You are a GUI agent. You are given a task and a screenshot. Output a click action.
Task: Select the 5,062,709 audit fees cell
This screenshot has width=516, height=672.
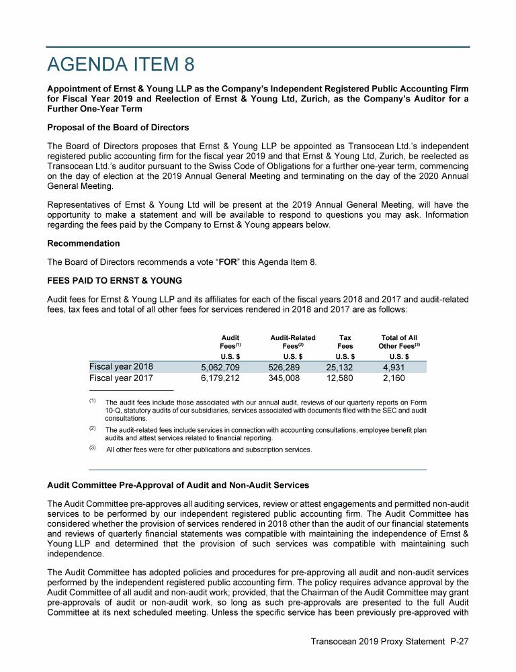point(221,368)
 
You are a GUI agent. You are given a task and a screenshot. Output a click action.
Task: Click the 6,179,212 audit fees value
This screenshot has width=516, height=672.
point(221,379)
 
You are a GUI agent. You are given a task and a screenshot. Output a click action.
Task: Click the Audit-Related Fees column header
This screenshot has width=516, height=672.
point(288,342)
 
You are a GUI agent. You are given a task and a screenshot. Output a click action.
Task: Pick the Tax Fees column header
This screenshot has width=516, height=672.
point(345,342)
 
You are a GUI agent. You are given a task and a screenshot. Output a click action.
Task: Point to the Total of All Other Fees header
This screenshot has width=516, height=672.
point(399,342)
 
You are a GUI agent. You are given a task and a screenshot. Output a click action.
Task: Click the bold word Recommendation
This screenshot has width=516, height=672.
point(83,243)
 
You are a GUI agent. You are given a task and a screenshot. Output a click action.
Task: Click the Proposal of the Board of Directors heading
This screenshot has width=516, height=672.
point(118,128)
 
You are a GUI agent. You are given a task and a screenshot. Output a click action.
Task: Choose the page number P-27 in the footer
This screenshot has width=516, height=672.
point(459,642)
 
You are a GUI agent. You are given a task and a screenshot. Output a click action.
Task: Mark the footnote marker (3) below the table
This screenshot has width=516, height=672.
point(93,448)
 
